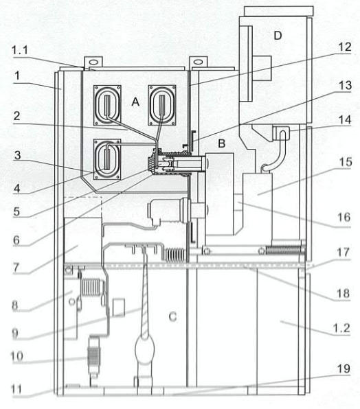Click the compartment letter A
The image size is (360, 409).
pos(135,102)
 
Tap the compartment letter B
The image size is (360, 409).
pos(222,143)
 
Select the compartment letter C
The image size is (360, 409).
pos(173,316)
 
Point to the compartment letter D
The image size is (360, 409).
pos(278,35)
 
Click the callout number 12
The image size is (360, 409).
pos(345,47)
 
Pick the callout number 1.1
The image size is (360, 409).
pos(20,50)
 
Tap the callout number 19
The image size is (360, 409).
pos(344,369)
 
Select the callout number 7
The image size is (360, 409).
pos(16,268)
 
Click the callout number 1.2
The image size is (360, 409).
pos(341,328)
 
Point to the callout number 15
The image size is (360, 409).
pos(345,162)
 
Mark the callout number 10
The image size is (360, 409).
pos(17,356)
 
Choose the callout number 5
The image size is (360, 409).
pos(16,211)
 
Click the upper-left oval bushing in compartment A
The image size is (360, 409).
pos(107,106)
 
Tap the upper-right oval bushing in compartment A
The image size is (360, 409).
pos(162,105)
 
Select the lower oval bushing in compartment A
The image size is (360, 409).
pos(107,159)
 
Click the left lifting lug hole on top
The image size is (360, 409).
pos(93,62)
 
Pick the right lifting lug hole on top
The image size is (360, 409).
pos(198,62)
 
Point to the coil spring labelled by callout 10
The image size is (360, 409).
pos(93,357)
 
